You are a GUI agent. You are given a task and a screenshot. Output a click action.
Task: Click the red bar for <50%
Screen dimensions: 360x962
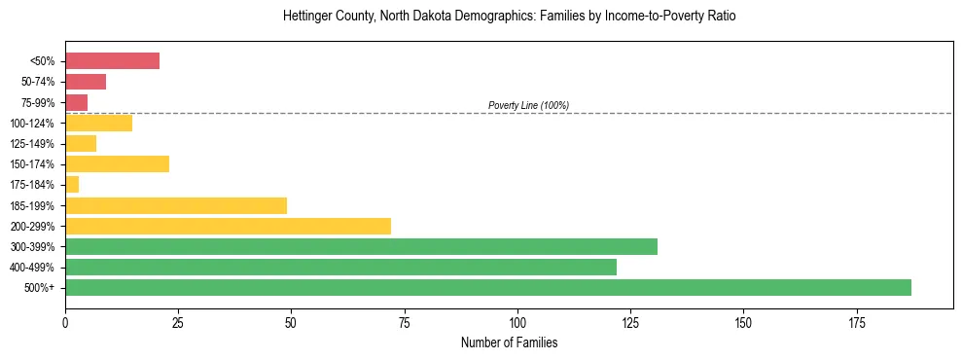coord(112,61)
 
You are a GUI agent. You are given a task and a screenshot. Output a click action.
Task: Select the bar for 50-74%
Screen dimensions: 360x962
coord(86,82)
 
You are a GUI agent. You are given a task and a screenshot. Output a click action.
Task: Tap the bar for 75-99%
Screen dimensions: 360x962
coord(76,102)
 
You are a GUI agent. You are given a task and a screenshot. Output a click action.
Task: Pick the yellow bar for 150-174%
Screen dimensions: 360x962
coord(117,163)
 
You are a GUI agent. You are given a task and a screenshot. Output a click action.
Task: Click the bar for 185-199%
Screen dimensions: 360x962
coord(176,205)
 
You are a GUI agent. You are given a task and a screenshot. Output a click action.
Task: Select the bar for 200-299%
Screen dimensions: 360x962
coord(228,226)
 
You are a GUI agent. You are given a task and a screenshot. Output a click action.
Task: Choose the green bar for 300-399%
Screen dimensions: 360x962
coord(361,246)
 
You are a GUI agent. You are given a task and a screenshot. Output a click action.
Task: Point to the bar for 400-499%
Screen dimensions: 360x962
coord(340,267)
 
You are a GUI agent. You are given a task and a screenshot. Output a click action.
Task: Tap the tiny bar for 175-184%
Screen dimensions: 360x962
coord(72,184)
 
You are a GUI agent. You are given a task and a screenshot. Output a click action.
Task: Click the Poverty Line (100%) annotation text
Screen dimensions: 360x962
coord(528,105)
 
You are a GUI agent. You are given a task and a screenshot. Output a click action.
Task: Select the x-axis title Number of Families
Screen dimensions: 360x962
coord(509,343)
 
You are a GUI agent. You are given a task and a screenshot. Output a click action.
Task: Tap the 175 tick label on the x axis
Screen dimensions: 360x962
coord(857,322)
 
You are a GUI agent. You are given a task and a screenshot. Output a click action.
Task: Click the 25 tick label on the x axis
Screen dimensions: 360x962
coord(178,322)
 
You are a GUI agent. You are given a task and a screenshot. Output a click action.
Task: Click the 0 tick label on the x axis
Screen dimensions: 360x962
coord(65,322)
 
